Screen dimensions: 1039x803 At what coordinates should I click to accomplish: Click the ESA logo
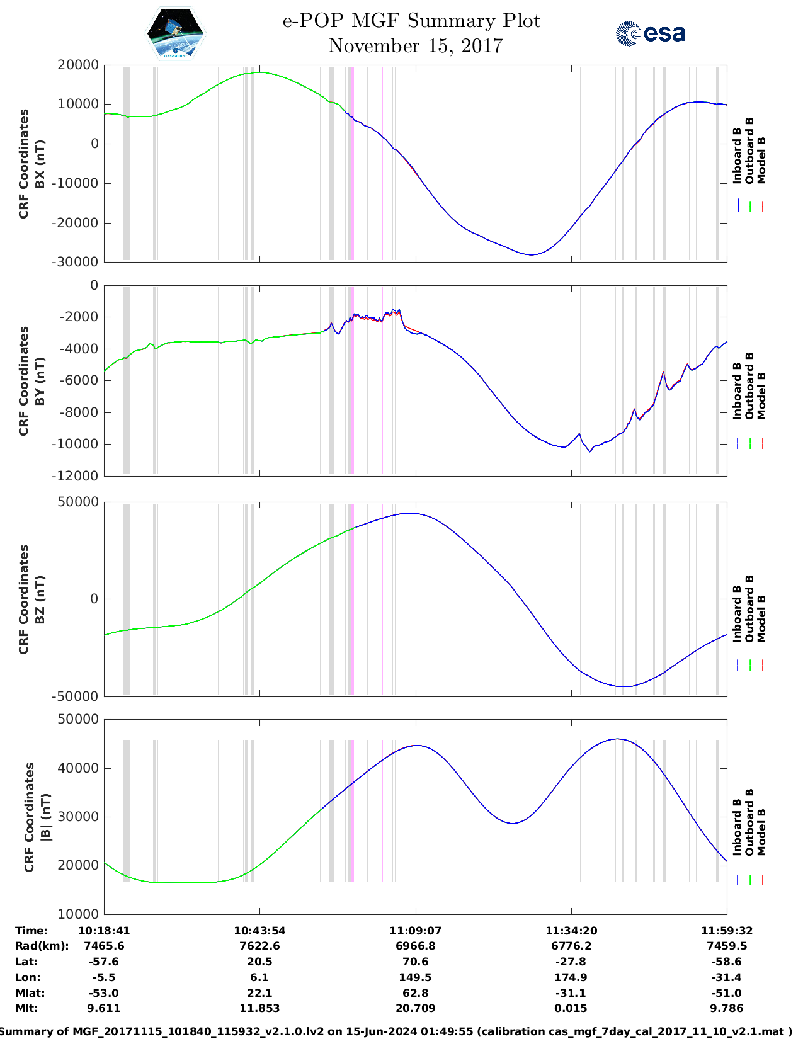pyautogui.click(x=651, y=33)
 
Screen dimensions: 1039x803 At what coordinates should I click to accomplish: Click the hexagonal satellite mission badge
pyautogui.click(x=175, y=33)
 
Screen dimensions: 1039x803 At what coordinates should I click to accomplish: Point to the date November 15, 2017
pyautogui.click(x=415, y=46)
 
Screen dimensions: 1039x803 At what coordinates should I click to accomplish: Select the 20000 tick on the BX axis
pyautogui.click(x=77, y=65)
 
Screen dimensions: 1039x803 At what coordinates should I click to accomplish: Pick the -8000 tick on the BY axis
pyautogui.click(x=79, y=412)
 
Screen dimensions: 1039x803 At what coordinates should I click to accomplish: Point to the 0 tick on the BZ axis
pyautogui.click(x=94, y=599)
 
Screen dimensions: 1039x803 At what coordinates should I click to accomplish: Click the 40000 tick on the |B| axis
pyautogui.click(x=77, y=768)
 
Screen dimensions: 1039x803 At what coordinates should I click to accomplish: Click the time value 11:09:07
pyautogui.click(x=415, y=931)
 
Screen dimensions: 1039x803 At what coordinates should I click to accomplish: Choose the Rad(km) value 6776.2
pyautogui.click(x=571, y=946)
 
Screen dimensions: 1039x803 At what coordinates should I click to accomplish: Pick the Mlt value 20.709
pyautogui.click(x=415, y=1008)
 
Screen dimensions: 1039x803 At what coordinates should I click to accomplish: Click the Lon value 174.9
pyautogui.click(x=571, y=977)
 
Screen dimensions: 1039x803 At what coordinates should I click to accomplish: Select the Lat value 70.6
pyautogui.click(x=415, y=962)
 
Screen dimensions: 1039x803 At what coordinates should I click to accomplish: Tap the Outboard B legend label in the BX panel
pyautogui.click(x=749, y=150)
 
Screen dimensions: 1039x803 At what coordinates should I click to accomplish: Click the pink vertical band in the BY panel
pyautogui.click(x=351, y=380)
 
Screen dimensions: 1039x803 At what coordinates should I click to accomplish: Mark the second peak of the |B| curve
pyautogui.click(x=618, y=739)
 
